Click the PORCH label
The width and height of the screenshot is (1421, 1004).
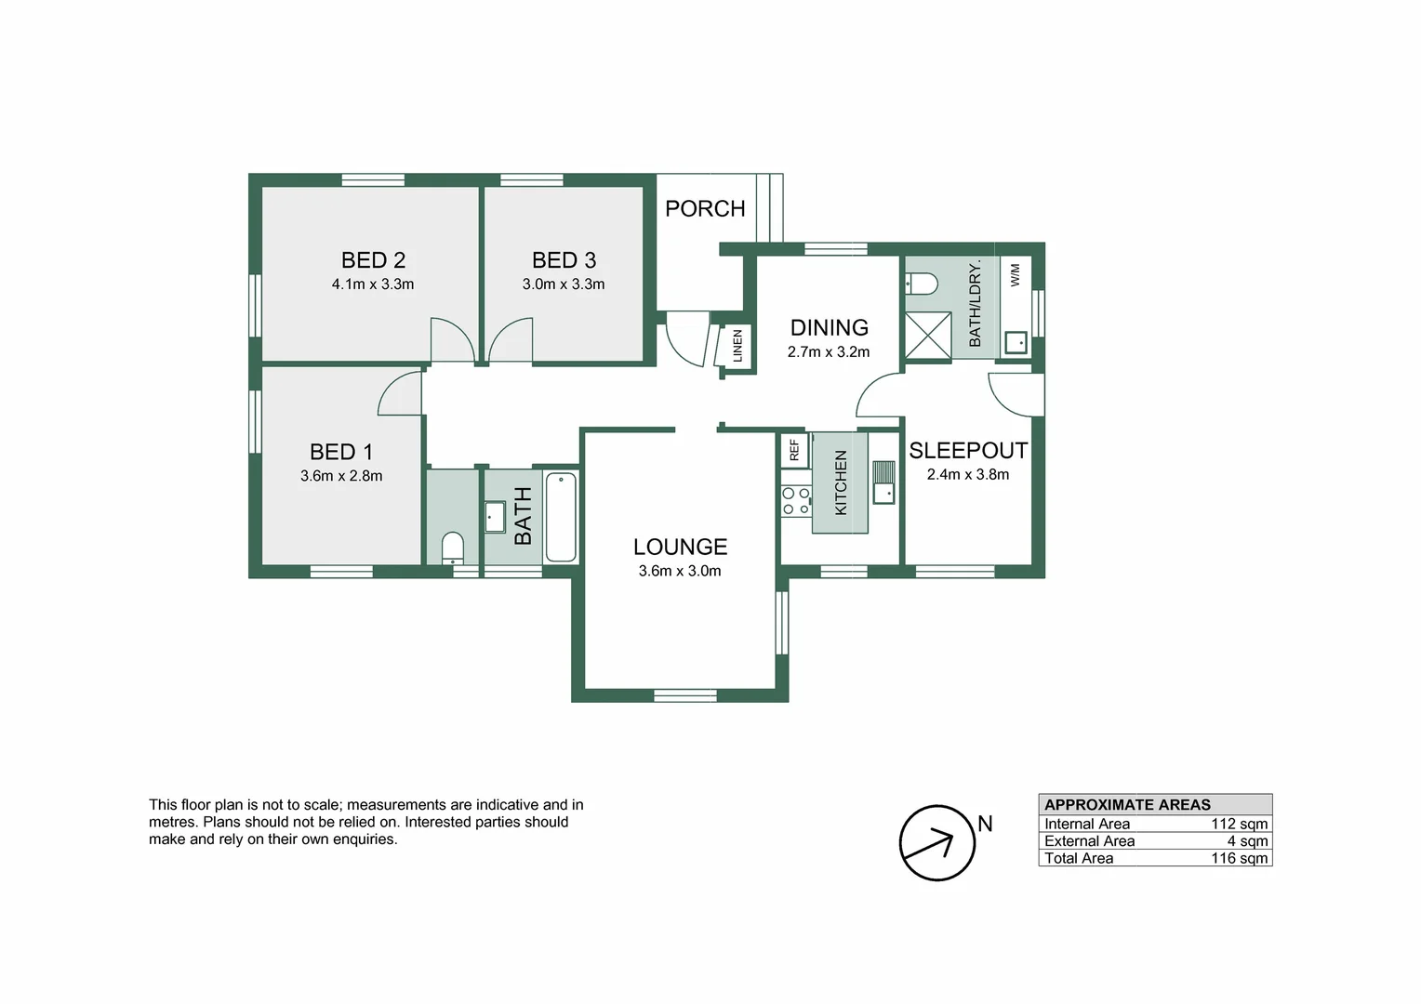pyautogui.click(x=705, y=209)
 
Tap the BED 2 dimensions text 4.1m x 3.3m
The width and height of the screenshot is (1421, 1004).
pyautogui.click(x=373, y=284)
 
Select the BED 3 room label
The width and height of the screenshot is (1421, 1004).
pyautogui.click(x=564, y=260)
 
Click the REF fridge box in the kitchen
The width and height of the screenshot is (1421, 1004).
pyautogui.click(x=794, y=450)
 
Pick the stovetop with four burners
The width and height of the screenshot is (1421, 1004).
pyautogui.click(x=795, y=501)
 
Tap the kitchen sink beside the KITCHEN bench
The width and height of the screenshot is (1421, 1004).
pyautogui.click(x=883, y=482)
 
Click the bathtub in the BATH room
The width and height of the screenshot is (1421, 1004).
pyautogui.click(x=561, y=518)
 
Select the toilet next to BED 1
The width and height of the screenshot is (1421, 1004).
pyautogui.click(x=452, y=548)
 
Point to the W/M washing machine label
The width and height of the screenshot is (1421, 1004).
pyautogui.click(x=1015, y=274)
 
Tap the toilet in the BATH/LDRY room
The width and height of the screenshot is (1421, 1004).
pyautogui.click(x=923, y=283)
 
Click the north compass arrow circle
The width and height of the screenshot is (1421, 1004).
pyautogui.click(x=937, y=843)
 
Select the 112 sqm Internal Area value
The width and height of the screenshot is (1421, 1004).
pyautogui.click(x=1239, y=825)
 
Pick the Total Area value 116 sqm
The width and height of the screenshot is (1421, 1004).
pyautogui.click(x=1239, y=859)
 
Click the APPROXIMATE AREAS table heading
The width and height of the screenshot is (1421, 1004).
pyautogui.click(x=1127, y=805)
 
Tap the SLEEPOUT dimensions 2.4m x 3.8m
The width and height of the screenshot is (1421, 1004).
pyautogui.click(x=968, y=475)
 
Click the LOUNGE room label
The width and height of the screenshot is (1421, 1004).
pyautogui.click(x=680, y=548)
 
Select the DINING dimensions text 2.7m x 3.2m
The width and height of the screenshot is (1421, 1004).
pyautogui.click(x=829, y=352)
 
